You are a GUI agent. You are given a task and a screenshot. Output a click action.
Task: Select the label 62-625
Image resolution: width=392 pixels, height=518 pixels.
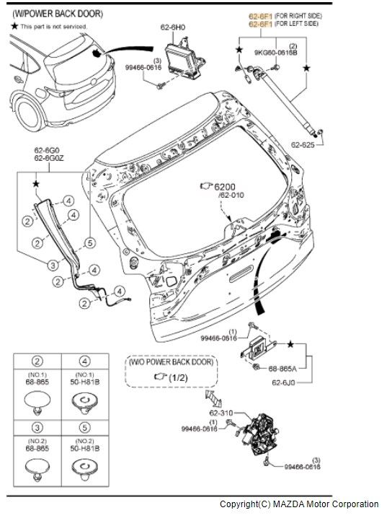click(x=303, y=144)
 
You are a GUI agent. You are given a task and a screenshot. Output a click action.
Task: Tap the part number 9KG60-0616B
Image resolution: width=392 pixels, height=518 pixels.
click(x=275, y=52)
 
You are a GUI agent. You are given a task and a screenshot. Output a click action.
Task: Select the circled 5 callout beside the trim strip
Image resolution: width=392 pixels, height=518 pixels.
click(x=89, y=242)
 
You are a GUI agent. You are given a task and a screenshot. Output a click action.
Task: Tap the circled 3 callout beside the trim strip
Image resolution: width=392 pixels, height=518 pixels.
click(x=53, y=265)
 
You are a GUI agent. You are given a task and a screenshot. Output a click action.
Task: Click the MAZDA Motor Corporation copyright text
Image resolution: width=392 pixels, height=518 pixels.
click(x=299, y=504)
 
